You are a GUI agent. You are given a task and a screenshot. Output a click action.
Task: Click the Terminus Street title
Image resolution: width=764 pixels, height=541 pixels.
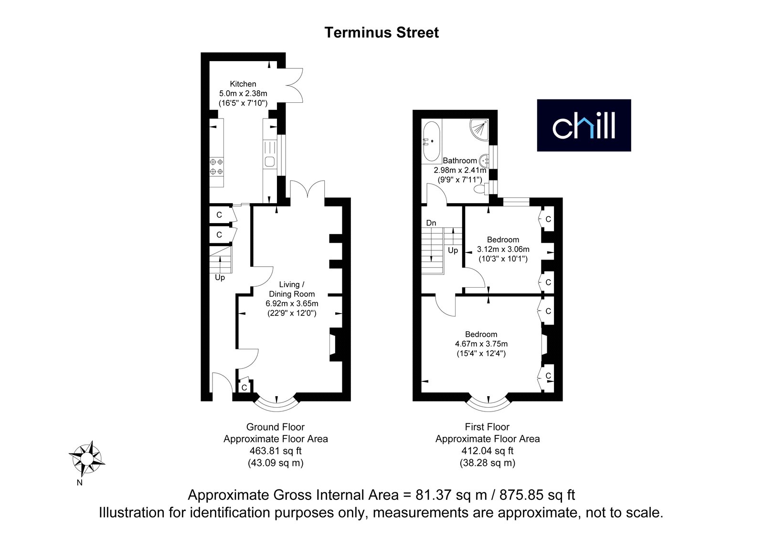click(382, 33)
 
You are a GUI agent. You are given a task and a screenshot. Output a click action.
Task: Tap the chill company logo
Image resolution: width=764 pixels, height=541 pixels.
click(584, 125)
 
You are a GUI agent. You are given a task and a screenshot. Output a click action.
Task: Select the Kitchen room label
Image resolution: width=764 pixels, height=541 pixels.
click(243, 84)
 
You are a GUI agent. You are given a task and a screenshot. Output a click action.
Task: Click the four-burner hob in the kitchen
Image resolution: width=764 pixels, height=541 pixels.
click(217, 167)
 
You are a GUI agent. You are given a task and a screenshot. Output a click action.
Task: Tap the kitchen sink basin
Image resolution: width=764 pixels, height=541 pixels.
click(269, 162)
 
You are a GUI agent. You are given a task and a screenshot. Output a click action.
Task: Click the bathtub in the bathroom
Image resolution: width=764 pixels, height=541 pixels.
click(432, 141)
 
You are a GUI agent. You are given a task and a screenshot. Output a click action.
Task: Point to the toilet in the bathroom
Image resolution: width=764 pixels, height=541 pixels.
click(482, 188)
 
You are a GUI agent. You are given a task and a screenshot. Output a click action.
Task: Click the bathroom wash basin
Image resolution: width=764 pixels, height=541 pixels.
click(484, 161)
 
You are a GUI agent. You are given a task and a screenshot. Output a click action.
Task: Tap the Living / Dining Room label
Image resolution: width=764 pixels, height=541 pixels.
click(292, 289)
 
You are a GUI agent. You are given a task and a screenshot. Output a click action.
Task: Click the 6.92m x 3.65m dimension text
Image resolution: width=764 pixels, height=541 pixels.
click(292, 303)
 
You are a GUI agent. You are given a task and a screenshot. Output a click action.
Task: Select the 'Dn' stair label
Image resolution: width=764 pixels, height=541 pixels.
click(431, 223)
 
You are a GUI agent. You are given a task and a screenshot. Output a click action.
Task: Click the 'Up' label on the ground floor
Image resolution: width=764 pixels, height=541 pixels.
click(220, 278)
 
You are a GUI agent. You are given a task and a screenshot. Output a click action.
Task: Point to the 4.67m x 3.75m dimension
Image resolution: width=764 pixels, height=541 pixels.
click(481, 344)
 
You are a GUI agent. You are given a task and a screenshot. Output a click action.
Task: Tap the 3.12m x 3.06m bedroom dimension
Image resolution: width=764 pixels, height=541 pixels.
click(503, 249)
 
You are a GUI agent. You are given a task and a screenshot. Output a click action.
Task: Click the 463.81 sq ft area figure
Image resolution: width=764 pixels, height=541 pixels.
click(276, 451)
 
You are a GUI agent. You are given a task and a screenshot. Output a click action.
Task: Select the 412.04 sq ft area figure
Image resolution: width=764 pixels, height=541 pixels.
click(488, 451)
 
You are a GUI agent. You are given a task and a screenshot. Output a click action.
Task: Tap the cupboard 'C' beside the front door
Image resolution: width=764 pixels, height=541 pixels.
click(244, 388)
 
